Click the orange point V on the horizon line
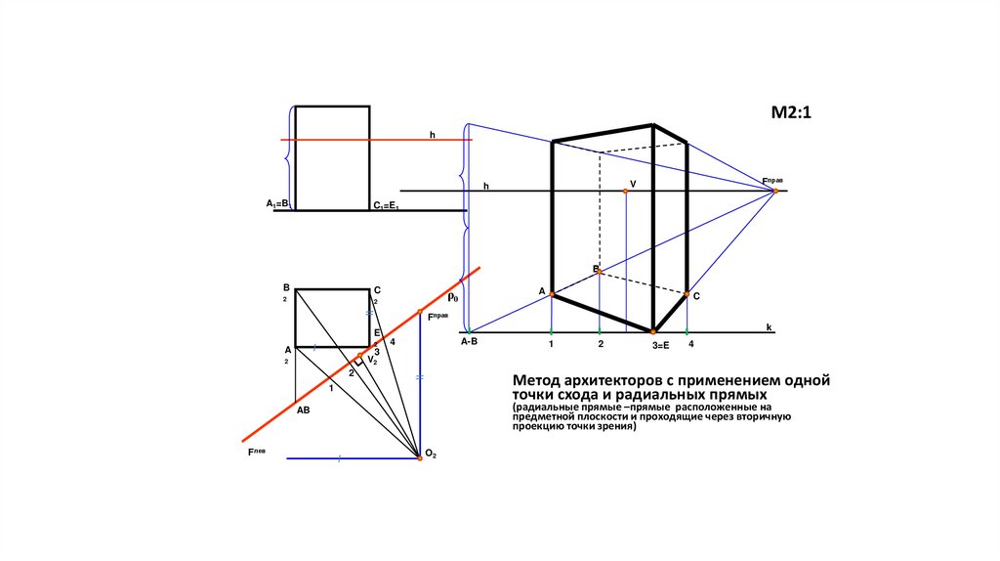[626, 191]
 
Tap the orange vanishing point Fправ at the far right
[775, 191]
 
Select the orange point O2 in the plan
[420, 457]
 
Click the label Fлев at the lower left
[257, 453]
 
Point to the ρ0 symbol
[453, 295]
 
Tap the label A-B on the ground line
[469, 342]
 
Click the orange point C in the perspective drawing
[687, 294]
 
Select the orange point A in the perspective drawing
[552, 293]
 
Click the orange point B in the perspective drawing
[600, 272]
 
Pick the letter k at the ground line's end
[769, 325]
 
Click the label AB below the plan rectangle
[303, 410]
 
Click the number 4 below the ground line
[690, 345]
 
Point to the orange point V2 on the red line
[359, 356]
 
